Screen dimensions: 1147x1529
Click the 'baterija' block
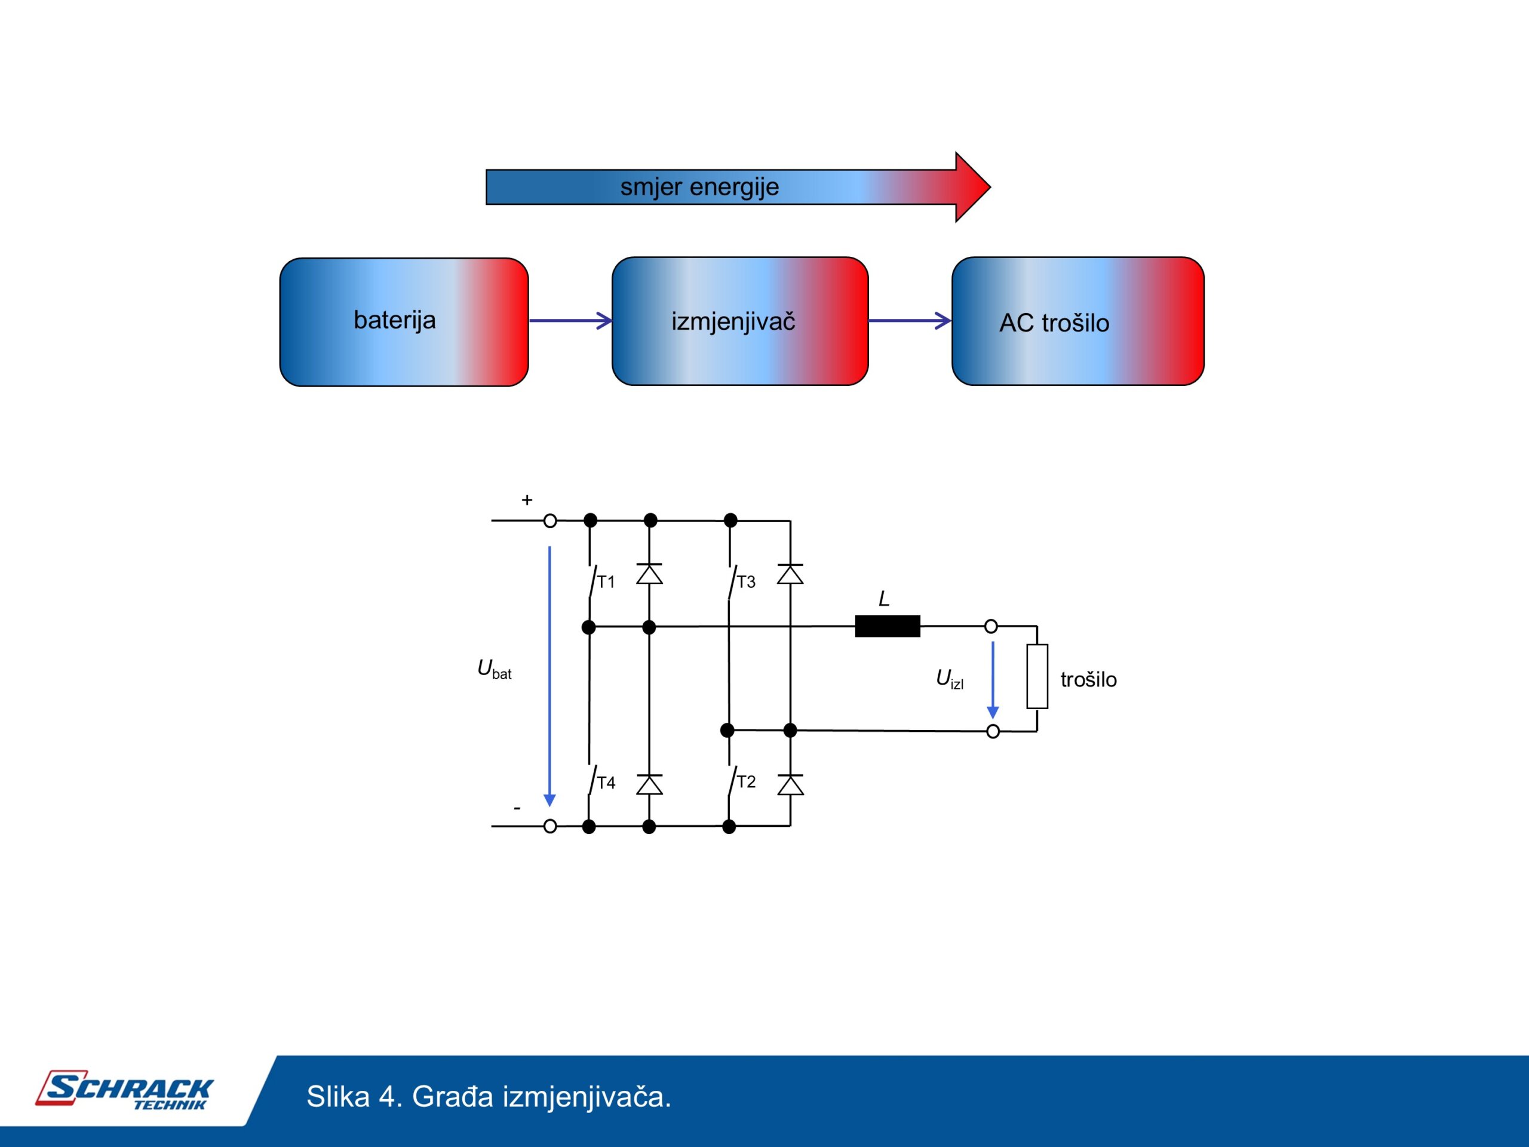(x=404, y=321)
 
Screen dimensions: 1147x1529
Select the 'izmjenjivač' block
(x=739, y=321)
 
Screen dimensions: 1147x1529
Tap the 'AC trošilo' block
(x=1077, y=321)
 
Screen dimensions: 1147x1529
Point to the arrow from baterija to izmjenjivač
(x=570, y=320)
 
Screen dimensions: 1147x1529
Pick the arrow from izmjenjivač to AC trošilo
(x=910, y=320)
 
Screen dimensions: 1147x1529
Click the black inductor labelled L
(x=888, y=625)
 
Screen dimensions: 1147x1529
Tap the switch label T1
(x=606, y=581)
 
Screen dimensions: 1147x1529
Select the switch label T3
(x=746, y=581)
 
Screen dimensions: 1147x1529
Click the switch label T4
(x=606, y=782)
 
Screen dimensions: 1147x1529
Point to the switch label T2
(x=746, y=781)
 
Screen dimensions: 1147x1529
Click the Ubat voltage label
(x=494, y=669)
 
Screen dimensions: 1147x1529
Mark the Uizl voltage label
(x=949, y=679)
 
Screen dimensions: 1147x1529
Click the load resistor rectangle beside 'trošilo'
(x=1037, y=676)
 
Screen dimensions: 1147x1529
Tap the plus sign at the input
(x=527, y=499)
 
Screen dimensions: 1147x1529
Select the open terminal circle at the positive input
(x=550, y=520)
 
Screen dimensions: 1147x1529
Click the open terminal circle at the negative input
(x=550, y=826)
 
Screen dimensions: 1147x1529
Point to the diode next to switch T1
(x=649, y=574)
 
